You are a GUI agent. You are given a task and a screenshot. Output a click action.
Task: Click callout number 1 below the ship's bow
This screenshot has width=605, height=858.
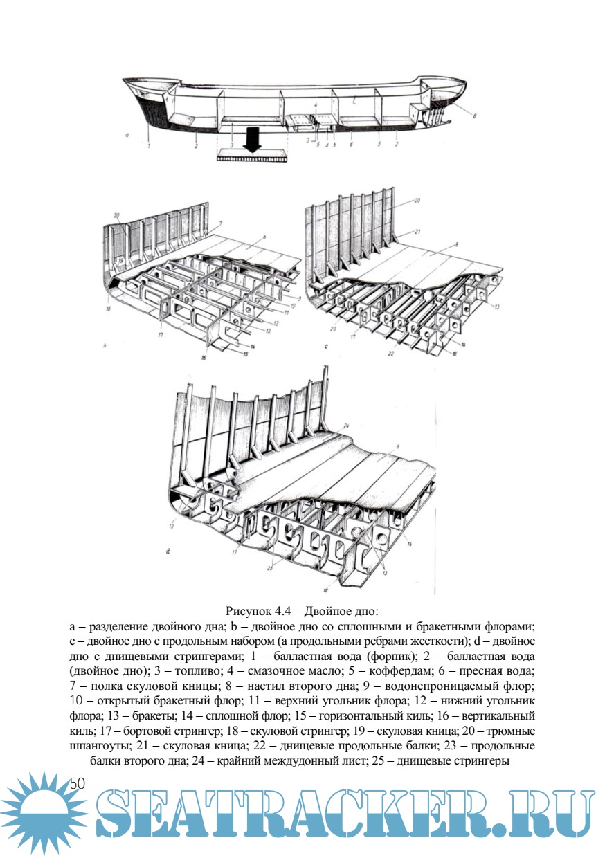pyautogui.click(x=148, y=145)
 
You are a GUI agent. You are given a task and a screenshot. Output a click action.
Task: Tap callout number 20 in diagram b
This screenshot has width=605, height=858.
pyautogui.click(x=118, y=216)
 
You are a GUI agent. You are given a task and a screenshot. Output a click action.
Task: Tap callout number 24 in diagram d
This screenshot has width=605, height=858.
pyautogui.click(x=345, y=424)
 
